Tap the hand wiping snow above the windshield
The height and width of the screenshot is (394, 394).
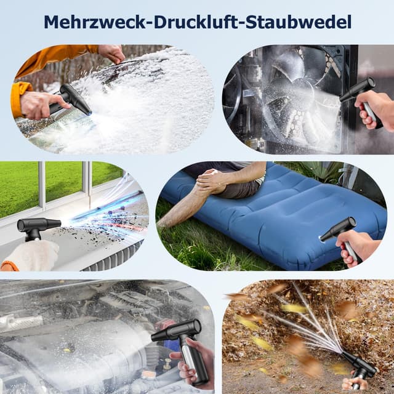113,53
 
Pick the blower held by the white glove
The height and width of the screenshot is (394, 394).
37,226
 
